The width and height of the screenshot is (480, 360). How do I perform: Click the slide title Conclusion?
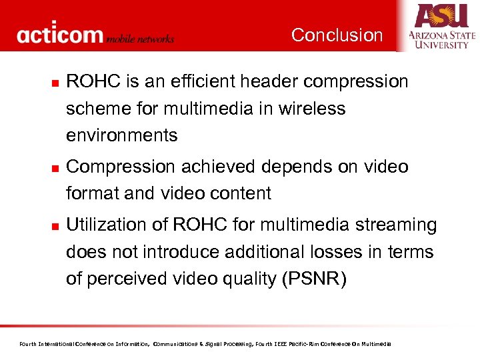pos(337,35)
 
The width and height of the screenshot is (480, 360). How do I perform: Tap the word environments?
pos(121,135)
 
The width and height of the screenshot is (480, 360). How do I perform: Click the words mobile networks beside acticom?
pos(140,39)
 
